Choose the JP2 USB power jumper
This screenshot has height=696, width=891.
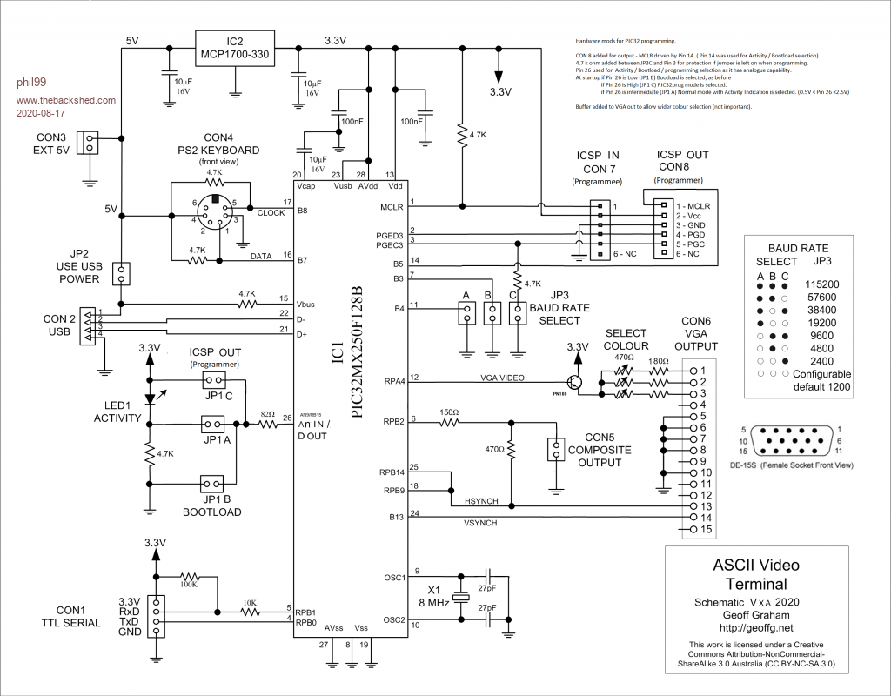click(x=120, y=273)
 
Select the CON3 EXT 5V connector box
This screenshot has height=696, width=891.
click(x=88, y=143)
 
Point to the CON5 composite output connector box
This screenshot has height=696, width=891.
click(x=554, y=450)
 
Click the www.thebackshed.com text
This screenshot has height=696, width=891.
click(x=65, y=101)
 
